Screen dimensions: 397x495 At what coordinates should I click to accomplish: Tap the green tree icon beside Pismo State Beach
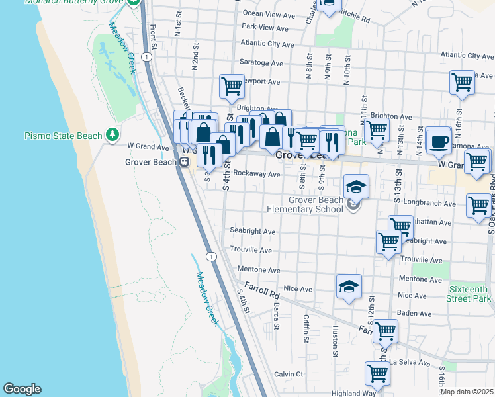[x=113, y=135]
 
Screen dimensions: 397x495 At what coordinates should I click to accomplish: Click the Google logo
[x=22, y=389]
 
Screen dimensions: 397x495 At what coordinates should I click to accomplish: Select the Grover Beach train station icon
[x=185, y=161]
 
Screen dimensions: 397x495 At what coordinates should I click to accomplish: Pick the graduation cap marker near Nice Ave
[x=349, y=287]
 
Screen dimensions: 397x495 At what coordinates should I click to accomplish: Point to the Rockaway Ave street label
[x=258, y=175]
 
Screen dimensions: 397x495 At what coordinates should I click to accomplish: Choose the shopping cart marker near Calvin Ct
[x=378, y=374]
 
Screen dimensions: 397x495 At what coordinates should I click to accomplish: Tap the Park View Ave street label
[x=265, y=28]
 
